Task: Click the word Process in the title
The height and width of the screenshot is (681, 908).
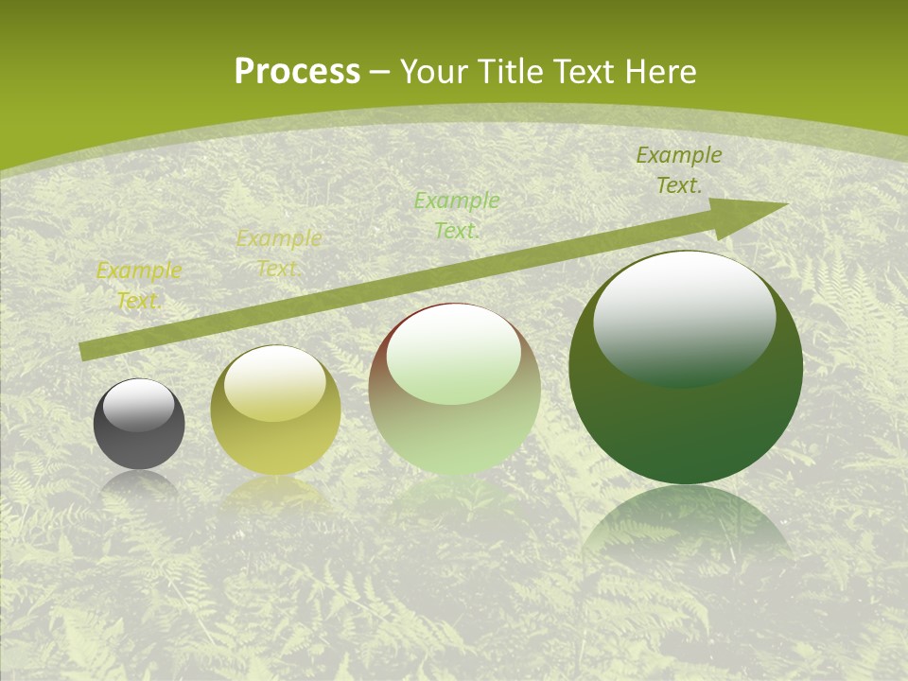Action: point(297,72)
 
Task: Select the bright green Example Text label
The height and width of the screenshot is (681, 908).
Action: point(457,215)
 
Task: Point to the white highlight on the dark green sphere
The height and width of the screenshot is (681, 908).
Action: point(684,317)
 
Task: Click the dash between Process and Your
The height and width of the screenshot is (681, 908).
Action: point(380,72)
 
